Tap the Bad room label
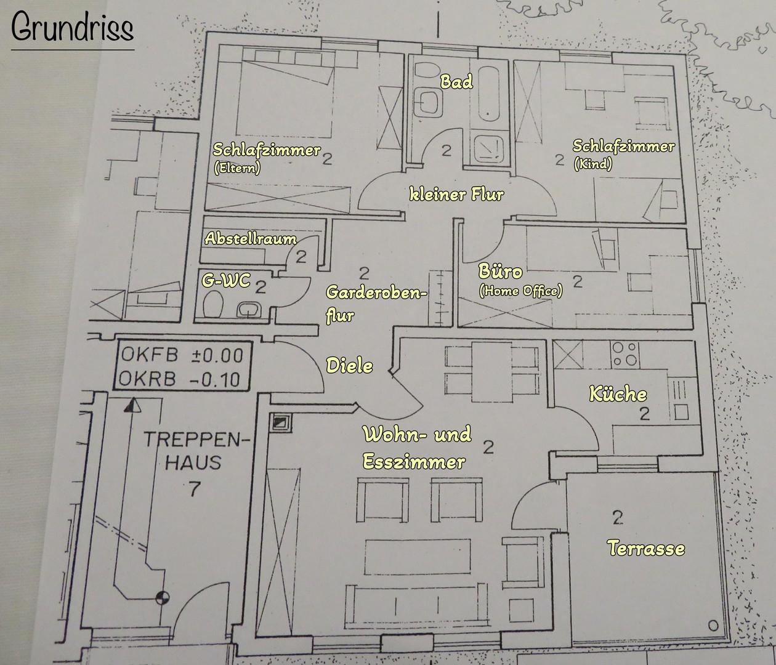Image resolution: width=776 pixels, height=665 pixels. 456,81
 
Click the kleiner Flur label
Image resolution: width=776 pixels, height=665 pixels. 456,195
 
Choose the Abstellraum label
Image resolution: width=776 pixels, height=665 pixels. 250,238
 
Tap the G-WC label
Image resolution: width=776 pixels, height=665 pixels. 226,282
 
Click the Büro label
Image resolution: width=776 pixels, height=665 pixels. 501,272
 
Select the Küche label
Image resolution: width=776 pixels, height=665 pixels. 618,394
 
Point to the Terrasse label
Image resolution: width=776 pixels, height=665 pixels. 645,547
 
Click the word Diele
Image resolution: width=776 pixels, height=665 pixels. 349,365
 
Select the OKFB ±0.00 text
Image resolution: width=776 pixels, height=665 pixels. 182,355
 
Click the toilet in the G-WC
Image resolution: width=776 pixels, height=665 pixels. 213,305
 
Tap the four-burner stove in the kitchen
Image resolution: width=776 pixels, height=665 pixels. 624,353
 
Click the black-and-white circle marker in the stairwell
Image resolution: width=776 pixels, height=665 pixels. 162,596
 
